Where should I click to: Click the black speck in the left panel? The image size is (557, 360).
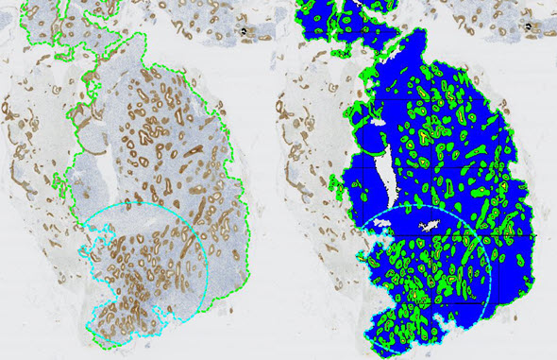point(242,31)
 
